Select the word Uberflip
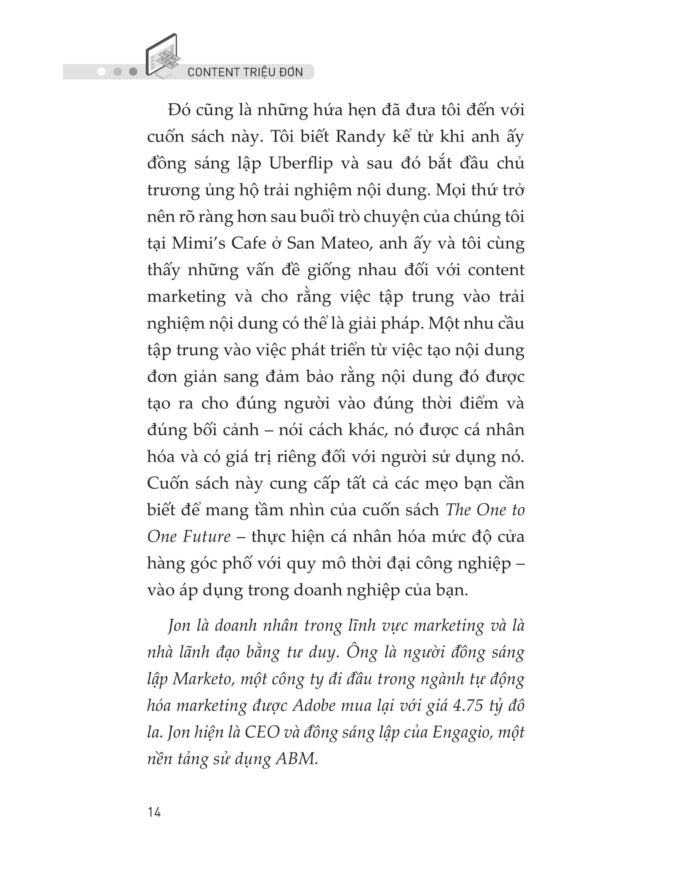[301, 164]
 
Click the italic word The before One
[458, 510]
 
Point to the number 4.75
[468, 706]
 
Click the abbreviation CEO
[262, 732]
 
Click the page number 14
[154, 812]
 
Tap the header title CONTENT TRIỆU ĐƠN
[245, 72]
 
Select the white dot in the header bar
[102, 72]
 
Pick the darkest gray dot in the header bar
[133, 72]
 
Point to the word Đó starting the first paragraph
[179, 110]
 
